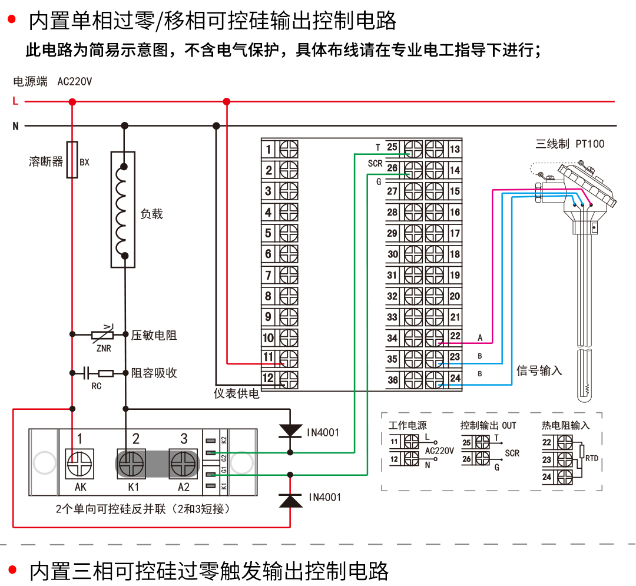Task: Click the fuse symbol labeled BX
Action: (72, 160)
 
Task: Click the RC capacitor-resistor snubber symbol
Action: (98, 373)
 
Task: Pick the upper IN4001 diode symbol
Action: (290, 431)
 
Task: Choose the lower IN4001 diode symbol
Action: (290, 499)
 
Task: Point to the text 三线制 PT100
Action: (569, 144)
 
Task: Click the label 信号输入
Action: (539, 370)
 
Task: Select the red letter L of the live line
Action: (15, 101)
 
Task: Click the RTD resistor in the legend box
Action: (582, 452)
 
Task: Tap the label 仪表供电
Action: (236, 393)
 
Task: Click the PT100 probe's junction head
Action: (583, 188)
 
